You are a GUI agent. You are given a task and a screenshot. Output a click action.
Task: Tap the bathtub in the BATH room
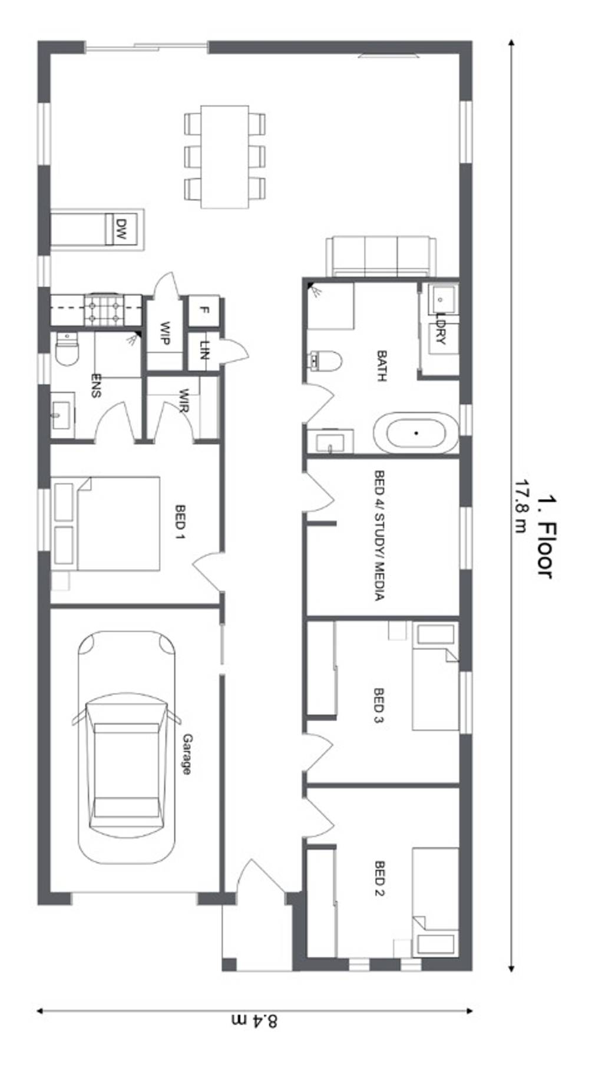(x=416, y=433)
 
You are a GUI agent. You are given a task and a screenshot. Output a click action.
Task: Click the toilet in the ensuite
(x=66, y=350)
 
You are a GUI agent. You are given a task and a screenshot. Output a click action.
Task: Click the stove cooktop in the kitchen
(x=105, y=310)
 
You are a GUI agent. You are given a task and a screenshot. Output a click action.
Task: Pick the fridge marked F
(x=204, y=310)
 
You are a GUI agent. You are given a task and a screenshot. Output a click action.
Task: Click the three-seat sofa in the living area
(x=380, y=256)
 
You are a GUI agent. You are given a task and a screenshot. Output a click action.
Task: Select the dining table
(x=224, y=157)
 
